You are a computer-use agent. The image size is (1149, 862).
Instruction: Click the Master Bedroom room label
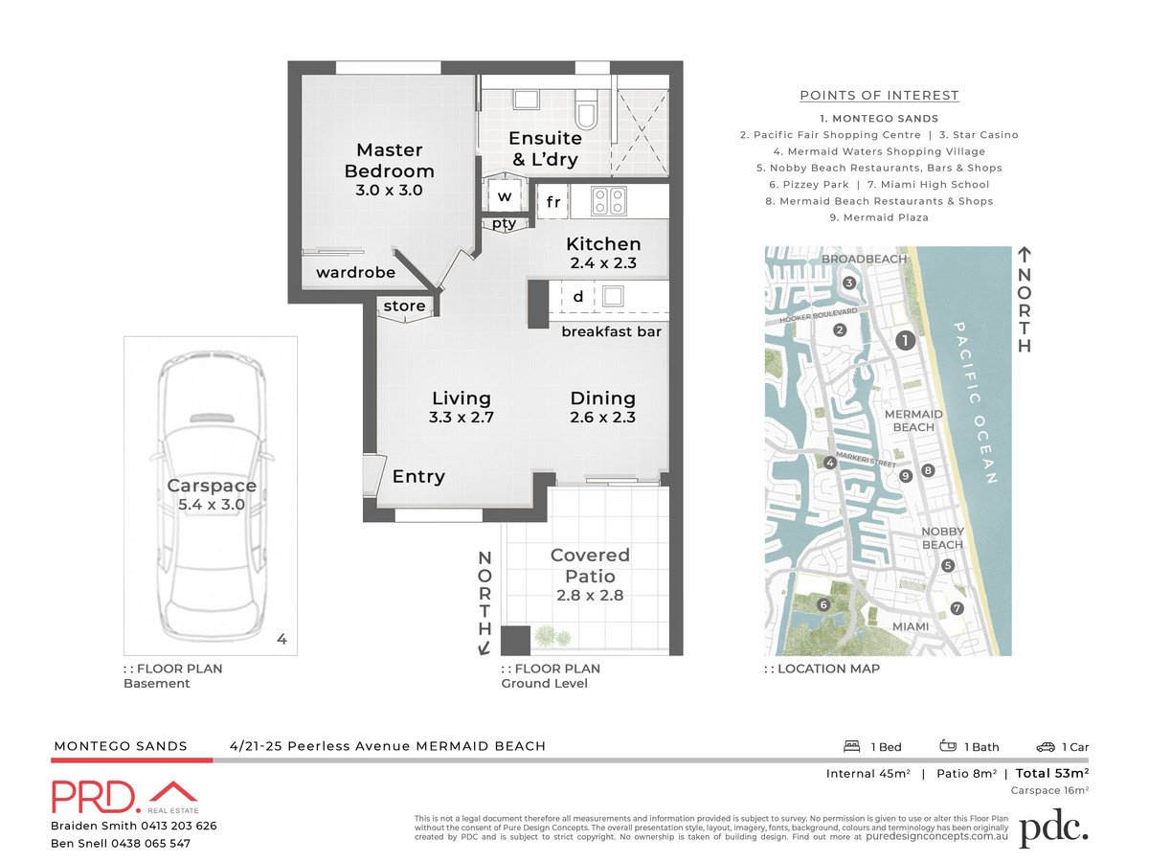[x=389, y=161]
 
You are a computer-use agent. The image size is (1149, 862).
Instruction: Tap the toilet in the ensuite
[x=586, y=111]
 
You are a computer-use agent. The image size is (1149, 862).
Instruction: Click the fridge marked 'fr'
[x=553, y=202]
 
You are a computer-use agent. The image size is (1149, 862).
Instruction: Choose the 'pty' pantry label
[x=505, y=224]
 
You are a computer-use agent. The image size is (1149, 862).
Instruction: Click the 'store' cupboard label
[x=404, y=306]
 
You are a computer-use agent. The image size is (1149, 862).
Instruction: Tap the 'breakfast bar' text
[x=611, y=332]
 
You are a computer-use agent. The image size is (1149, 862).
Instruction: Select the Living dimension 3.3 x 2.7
[x=462, y=417]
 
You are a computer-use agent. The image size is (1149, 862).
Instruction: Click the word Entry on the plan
[x=418, y=477]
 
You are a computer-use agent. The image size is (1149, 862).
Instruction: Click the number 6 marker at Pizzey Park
[x=822, y=604]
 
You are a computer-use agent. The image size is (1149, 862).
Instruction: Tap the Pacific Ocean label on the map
[x=976, y=402]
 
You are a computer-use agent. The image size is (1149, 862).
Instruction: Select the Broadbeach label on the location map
[x=864, y=260]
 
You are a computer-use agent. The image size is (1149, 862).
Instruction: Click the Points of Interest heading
[x=879, y=95]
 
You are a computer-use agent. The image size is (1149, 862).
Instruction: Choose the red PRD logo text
[x=96, y=797]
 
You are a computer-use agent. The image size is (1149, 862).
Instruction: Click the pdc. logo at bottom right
[x=1053, y=828]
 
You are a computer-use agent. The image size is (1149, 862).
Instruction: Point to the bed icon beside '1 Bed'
[x=850, y=746]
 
